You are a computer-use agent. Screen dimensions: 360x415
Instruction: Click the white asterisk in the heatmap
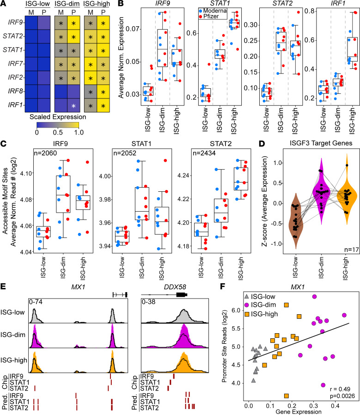(73, 106)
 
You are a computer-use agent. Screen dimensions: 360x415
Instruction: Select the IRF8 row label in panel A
(16, 92)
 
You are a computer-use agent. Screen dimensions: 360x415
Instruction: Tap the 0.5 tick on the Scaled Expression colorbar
(58, 132)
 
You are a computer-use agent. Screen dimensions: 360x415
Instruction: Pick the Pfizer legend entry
(209, 16)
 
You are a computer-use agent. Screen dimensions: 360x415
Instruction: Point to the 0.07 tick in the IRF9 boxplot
(132, 29)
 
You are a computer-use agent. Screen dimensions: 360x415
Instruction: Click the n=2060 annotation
(45, 153)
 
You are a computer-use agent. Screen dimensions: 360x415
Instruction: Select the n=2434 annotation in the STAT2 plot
(204, 153)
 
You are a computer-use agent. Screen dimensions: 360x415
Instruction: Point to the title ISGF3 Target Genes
(321, 143)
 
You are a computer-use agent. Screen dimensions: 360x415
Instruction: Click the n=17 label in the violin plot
(352, 250)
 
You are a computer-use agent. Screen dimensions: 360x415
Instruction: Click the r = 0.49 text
(340, 389)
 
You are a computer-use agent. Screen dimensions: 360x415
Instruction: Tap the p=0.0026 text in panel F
(342, 396)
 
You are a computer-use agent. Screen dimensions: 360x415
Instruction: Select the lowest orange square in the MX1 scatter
(287, 396)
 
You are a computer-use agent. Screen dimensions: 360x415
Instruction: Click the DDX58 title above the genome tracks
(175, 287)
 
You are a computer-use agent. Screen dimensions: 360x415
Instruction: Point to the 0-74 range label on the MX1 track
(36, 302)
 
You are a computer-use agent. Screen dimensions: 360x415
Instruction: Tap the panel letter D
(262, 144)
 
